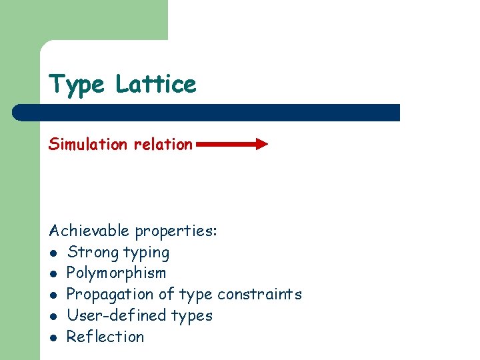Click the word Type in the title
[76, 85]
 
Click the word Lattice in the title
[155, 85]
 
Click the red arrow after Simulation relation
[232, 144]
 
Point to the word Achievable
[89, 231]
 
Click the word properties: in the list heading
[176, 232]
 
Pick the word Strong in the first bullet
[93, 253]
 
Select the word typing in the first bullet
[147, 253]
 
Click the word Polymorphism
[116, 273]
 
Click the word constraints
[259, 294]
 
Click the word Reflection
[105, 337]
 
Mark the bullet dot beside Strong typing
[53, 253]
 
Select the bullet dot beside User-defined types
[53, 316]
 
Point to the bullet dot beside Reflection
[53, 337]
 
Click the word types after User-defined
[193, 316]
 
